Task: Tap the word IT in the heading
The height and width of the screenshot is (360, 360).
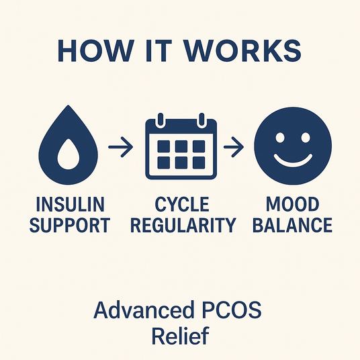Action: pyautogui.click(x=159, y=51)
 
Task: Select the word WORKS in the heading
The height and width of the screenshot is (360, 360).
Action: pyautogui.click(x=243, y=51)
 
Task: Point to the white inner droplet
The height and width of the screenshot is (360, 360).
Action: pyautogui.click(x=69, y=154)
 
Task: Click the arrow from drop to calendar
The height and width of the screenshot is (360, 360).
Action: pyautogui.click(x=120, y=147)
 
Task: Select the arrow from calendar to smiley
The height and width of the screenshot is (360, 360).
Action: pyautogui.click(x=234, y=147)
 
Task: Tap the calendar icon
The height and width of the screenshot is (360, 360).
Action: pyautogui.click(x=181, y=146)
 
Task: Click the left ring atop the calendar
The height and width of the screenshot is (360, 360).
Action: pyautogui.click(x=161, y=120)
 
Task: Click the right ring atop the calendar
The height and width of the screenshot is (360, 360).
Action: pyautogui.click(x=201, y=120)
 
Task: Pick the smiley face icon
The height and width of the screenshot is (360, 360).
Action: pyautogui.click(x=293, y=146)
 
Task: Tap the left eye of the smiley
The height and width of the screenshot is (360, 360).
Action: pyautogui.click(x=280, y=137)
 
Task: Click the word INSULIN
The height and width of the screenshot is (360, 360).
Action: pyautogui.click(x=71, y=204)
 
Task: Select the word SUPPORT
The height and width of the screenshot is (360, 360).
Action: pyautogui.click(x=70, y=225)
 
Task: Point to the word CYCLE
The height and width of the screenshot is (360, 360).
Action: pyautogui.click(x=182, y=204)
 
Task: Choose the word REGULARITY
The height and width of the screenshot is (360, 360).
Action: pyautogui.click(x=183, y=225)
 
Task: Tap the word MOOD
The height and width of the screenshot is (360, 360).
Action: pyautogui.click(x=293, y=204)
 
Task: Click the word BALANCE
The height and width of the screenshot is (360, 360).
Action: pyautogui.click(x=293, y=225)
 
